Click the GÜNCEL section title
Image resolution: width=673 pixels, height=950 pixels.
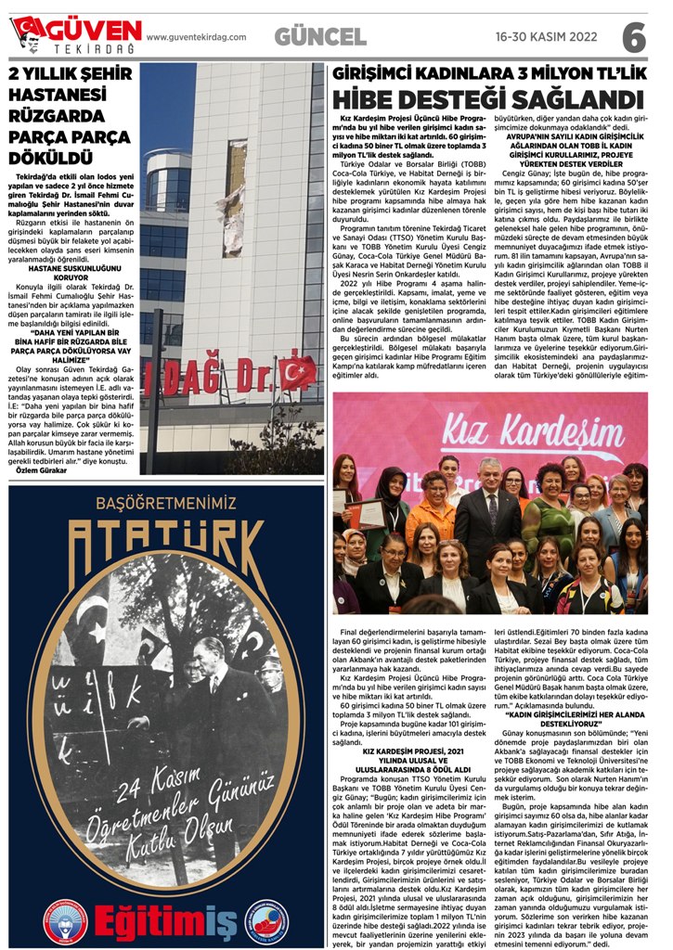320,36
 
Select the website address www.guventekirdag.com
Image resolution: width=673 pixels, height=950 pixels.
197,37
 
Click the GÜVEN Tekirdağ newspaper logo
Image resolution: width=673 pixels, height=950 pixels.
74,35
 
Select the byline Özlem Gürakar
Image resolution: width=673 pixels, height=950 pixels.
44,471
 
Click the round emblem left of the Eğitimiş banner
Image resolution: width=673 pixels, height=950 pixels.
66,921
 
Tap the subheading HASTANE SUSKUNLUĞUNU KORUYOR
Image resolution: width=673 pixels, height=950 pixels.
72,271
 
